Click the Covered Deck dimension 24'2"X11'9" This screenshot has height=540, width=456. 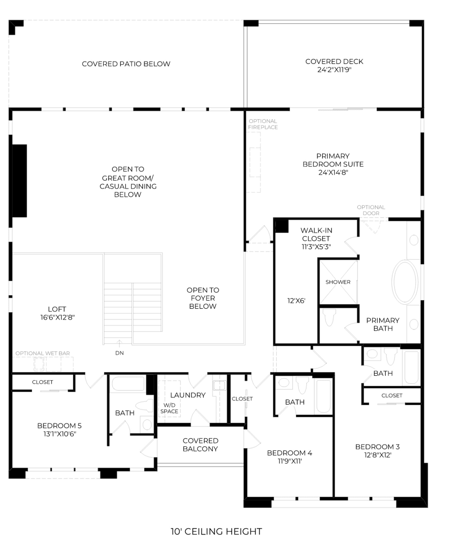click(x=334, y=70)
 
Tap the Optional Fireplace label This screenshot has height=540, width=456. click(x=263, y=124)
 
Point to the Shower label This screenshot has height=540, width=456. click(x=338, y=282)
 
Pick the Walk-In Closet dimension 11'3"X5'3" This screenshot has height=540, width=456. click(x=316, y=247)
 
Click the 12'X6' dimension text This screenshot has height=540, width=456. click(x=296, y=301)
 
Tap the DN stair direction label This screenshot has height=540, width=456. click(x=119, y=353)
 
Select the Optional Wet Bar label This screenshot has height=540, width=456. click(x=43, y=353)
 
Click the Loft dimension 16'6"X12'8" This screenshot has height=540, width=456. click(x=57, y=317)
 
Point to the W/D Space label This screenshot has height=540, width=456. click(x=169, y=408)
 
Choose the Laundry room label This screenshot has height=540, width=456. click(x=188, y=395)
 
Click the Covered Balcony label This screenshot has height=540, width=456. click(x=200, y=444)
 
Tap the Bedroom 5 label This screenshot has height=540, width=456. click(x=59, y=426)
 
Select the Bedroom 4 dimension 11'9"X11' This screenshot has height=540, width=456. click(x=290, y=461)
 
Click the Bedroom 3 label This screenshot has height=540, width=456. click(x=377, y=447)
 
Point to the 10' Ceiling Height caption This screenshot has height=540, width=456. click(x=216, y=531)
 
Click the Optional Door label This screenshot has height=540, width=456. click(x=371, y=210)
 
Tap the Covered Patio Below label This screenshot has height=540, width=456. click(x=126, y=64)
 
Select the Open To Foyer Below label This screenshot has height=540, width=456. click(x=203, y=298)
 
